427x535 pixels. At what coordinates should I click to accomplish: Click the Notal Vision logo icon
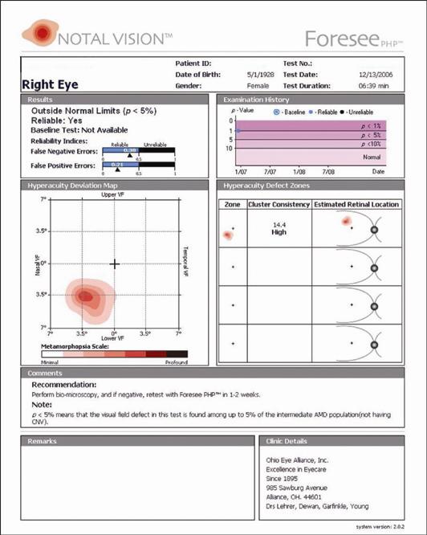tap(39, 33)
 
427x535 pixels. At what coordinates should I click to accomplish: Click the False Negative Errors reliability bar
tap(138, 151)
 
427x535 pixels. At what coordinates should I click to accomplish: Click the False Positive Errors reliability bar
tap(138, 165)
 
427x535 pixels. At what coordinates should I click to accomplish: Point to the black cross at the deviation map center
tap(114, 263)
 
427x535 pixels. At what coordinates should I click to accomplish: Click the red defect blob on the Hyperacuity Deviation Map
tap(86, 296)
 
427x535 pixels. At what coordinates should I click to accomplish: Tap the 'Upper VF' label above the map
tap(114, 195)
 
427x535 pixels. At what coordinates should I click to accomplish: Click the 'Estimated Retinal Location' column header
tap(357, 205)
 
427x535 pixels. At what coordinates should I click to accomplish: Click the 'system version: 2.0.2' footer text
tap(388, 525)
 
